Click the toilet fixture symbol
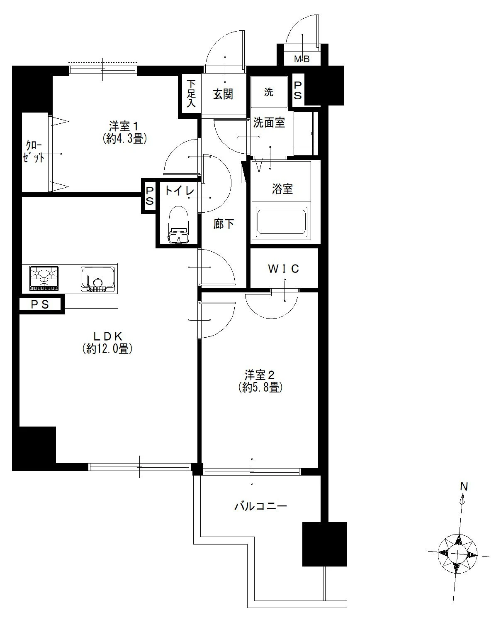178,224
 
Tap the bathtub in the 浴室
281,221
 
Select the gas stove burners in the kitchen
44,278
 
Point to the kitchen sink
98,279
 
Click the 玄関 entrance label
223,94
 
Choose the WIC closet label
283,269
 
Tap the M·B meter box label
302,59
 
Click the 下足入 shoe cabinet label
191,94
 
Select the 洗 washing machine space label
269,92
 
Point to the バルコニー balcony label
260,506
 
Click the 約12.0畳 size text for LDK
107,349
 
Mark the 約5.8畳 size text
260,387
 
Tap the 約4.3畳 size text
124,138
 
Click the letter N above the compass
464,487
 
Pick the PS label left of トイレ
149,196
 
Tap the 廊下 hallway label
224,224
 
